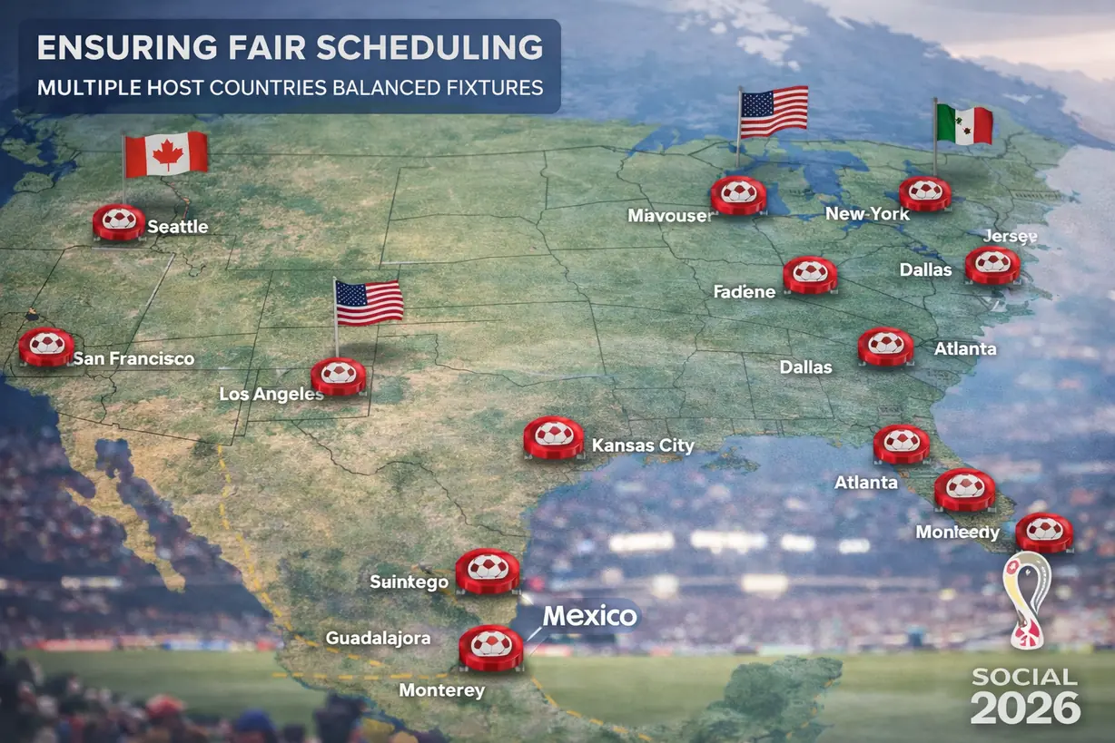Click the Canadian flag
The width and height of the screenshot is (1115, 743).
[167, 154]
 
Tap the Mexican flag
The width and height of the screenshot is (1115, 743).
[964, 124]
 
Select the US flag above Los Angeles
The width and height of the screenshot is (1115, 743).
[370, 301]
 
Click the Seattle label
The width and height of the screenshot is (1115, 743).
[178, 227]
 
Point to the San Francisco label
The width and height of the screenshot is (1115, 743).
[133, 358]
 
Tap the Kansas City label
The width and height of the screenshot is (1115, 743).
[643, 445]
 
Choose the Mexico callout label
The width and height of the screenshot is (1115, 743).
[590, 616]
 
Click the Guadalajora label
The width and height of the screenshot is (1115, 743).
[378, 639]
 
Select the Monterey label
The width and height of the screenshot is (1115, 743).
[442, 690]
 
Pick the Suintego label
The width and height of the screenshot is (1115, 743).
[409, 582]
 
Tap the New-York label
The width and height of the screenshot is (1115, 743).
[867, 214]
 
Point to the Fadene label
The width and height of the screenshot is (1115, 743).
[745, 291]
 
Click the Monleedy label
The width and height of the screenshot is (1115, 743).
[957, 533]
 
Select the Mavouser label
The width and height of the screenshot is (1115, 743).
[670, 216]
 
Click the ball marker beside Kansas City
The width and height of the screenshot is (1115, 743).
[554, 436]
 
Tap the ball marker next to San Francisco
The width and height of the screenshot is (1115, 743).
[46, 346]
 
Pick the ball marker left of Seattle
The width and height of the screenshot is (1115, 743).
[119, 221]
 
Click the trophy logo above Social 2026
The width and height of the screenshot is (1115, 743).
[1026, 599]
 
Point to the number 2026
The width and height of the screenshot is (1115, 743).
[1025, 708]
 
